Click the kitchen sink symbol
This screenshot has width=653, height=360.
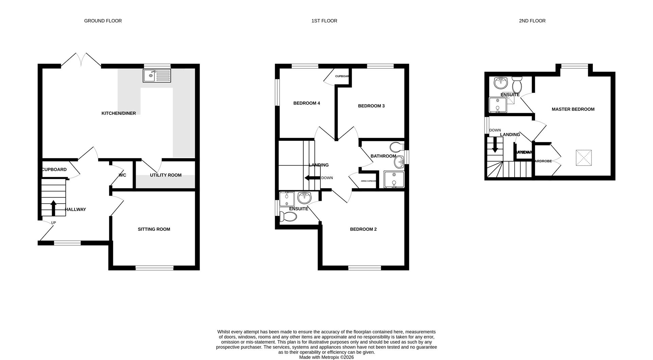pos(157,75)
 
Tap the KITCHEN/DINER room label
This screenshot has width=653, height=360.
pos(118,113)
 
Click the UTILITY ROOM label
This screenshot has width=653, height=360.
pos(166,175)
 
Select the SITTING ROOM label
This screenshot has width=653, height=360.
pos(154,229)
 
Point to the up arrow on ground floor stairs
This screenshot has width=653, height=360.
pos(53,207)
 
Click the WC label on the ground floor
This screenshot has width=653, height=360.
pos(122,175)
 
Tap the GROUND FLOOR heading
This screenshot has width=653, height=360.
pos(103,21)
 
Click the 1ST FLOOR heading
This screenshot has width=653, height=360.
pos(324,21)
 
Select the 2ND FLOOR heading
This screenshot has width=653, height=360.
pos(532,21)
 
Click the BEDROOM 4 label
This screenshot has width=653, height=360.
pos(306,103)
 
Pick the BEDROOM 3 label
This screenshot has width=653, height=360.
pos(371,106)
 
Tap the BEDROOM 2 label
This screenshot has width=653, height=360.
pos(363,229)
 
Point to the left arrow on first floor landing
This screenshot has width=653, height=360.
pos(312,178)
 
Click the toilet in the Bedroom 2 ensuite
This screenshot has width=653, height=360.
pos(288,216)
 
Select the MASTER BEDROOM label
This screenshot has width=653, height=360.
pos(573,109)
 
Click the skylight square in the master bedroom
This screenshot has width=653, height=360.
pos(583,158)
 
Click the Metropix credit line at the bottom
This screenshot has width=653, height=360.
pos(326,357)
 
